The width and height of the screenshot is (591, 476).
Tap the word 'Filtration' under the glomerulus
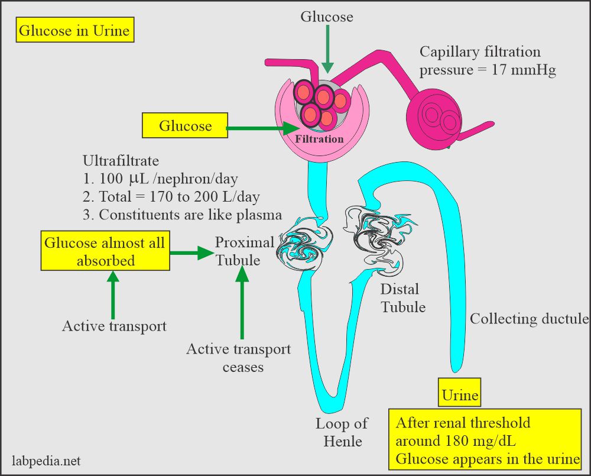(320, 139)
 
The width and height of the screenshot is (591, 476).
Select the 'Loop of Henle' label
(341, 432)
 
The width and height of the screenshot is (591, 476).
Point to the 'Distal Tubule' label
(402, 298)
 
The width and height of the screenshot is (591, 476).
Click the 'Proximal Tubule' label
(244, 251)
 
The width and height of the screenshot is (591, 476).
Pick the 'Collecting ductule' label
(529, 319)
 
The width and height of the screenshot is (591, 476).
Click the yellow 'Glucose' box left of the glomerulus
(185, 126)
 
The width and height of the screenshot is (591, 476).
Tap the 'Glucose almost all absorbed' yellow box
(104, 251)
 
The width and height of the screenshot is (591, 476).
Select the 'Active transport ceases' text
(239, 358)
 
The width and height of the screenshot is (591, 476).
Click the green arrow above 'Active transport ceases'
(242, 302)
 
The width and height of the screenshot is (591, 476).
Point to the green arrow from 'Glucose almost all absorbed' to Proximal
(191, 253)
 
